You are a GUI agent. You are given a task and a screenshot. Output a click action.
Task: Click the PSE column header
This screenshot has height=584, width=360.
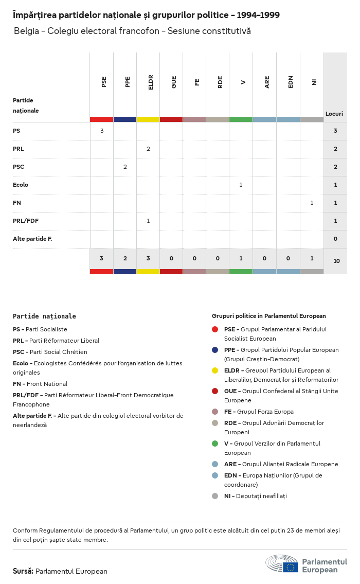coord(104,82)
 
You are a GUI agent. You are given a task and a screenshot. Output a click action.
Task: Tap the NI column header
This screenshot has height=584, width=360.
coord(314,82)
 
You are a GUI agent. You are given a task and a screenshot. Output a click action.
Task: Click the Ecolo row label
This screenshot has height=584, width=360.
coord(21,185)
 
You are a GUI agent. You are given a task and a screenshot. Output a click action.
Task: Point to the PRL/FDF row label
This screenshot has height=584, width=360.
coord(26,221)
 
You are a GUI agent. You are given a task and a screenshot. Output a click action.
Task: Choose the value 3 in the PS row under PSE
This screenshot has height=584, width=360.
coord(102,131)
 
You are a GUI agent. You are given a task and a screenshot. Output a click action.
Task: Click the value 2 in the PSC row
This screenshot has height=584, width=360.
coord(125,167)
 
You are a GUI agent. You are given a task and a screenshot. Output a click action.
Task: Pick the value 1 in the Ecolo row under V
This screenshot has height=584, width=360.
coord(241,185)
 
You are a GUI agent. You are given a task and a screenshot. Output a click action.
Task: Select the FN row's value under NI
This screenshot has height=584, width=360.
coord(312,203)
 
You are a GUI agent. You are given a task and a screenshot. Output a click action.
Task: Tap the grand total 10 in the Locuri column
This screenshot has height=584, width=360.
coord(336,261)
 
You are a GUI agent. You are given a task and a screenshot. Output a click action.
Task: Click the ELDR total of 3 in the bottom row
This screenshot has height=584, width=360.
coord(148,258)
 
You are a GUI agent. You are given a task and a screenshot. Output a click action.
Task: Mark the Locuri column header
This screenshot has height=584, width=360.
coord(334,114)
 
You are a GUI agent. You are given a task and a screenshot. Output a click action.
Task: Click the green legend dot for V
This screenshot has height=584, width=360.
coord(215,444)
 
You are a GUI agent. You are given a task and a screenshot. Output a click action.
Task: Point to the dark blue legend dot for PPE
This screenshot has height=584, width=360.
coord(215,350)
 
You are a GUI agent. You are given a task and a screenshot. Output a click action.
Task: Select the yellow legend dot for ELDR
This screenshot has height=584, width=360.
coord(215,370)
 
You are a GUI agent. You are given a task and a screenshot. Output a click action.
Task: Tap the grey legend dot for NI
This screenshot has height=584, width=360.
coord(215,496)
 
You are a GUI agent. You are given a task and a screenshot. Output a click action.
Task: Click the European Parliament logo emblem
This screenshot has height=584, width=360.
coord(282,563)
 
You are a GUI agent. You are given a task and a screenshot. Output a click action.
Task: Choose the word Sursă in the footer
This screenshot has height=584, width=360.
coord(23,571)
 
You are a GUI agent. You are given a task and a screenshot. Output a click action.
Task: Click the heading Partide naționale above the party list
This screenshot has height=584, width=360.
coord(44,316)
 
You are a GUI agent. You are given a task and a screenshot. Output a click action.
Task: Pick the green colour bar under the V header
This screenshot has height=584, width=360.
coord(241,119)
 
